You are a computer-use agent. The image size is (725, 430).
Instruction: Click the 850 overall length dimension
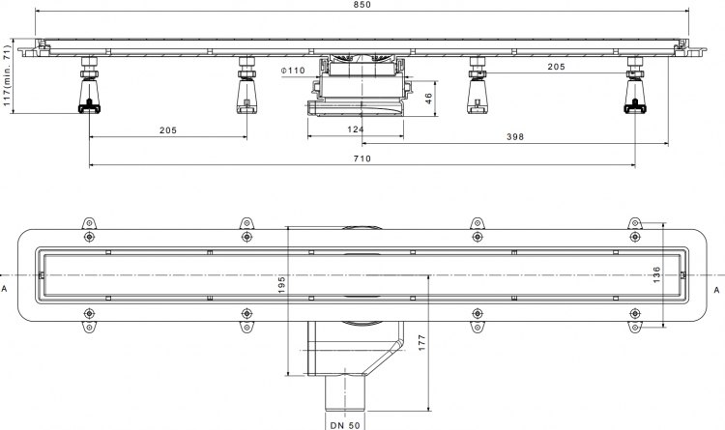pos(362,4)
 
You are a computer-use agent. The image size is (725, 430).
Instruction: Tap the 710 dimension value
pos(362,158)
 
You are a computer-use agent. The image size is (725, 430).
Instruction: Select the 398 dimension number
pos(515,136)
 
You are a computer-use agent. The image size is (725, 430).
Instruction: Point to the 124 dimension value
pos(355,129)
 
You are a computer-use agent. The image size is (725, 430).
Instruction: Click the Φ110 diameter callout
pos(293,71)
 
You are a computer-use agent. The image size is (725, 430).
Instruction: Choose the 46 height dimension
pos(428,98)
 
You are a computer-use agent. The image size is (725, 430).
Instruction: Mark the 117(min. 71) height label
pos(7,75)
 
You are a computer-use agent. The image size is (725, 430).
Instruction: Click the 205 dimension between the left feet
pos(168,130)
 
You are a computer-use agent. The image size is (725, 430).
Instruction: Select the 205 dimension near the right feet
pos(556,67)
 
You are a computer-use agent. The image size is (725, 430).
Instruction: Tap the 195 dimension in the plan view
pos(281,284)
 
